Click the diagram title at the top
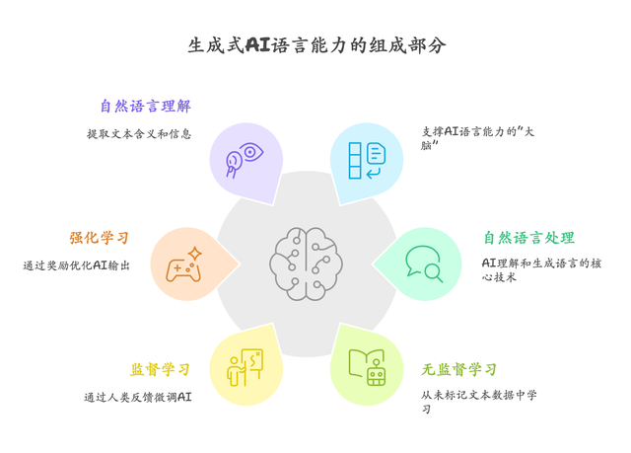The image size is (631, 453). (315, 45)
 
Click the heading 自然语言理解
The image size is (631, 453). (144, 107)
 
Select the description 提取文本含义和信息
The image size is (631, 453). (139, 134)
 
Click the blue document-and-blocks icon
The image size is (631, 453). (367, 160)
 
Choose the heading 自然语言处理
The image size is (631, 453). (528, 238)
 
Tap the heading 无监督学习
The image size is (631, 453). (459, 370)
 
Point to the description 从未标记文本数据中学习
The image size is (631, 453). (478, 402)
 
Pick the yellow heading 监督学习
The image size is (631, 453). (161, 370)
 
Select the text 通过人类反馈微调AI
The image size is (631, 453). (138, 398)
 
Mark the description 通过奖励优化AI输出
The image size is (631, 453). (77, 265)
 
